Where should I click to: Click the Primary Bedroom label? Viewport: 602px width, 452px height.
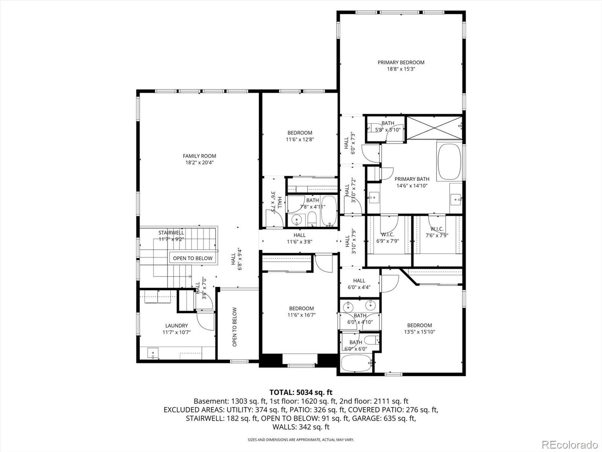[x=401, y=63]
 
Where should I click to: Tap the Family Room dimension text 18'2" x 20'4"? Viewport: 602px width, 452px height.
[x=200, y=163]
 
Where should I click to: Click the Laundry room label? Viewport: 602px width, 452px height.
[x=176, y=326]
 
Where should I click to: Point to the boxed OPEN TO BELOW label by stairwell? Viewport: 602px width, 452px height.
[x=193, y=258]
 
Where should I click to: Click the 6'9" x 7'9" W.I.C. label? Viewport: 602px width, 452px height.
[x=387, y=238]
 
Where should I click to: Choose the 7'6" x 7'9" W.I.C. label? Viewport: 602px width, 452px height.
[x=437, y=232]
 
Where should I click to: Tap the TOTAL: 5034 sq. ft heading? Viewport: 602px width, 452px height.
[x=301, y=392]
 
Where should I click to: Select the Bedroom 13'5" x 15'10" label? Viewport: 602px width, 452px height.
[x=419, y=328]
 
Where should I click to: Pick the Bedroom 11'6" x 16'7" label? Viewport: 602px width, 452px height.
[x=301, y=312]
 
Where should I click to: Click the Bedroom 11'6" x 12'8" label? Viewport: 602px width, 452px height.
[x=299, y=136]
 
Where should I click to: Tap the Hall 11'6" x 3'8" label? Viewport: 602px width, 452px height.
[x=299, y=238]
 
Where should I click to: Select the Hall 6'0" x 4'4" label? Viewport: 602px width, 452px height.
[x=359, y=284]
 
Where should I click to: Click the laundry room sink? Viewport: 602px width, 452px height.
[x=153, y=353]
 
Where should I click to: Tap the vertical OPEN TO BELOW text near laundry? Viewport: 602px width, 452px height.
[x=234, y=327]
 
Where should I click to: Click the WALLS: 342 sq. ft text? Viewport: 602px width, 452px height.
[x=301, y=427]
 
